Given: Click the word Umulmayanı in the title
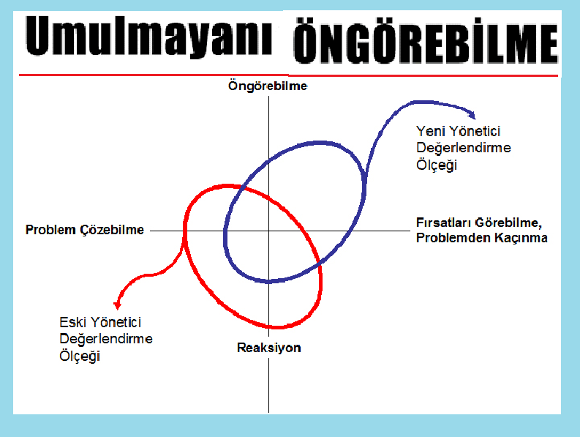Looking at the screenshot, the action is [x=149, y=37].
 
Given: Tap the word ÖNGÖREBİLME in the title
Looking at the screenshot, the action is [x=426, y=42].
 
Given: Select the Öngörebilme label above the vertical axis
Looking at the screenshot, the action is [x=268, y=86].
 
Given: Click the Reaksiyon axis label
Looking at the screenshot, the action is [x=269, y=348].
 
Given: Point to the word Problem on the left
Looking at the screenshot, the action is [x=50, y=230].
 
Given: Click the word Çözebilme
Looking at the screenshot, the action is [x=112, y=230].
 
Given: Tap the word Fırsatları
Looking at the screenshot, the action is [x=443, y=223].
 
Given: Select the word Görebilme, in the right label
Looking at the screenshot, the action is [x=508, y=223].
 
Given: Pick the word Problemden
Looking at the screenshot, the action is [x=453, y=238].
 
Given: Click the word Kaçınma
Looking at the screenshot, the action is [x=521, y=238].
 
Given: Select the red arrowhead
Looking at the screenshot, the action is [x=117, y=305].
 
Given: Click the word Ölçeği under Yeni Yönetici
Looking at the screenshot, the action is [x=437, y=165].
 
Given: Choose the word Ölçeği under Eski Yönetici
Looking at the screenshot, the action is [x=80, y=356].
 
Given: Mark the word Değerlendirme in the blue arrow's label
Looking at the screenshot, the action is [x=464, y=148].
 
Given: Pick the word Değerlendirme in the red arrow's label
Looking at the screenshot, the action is [x=106, y=339].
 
